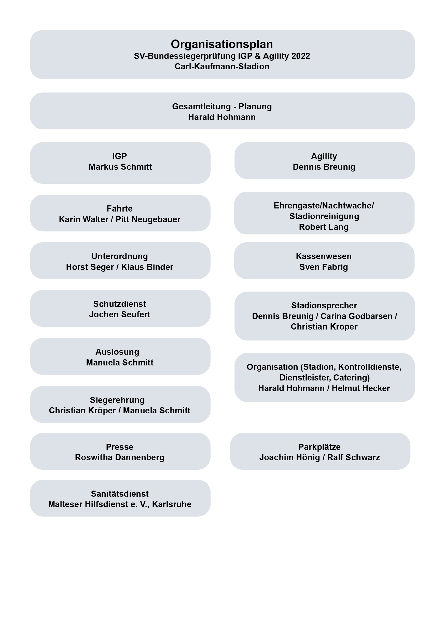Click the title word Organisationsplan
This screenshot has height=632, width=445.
[222, 44]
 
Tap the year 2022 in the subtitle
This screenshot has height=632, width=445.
[301, 56]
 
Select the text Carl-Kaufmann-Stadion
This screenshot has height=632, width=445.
[222, 66]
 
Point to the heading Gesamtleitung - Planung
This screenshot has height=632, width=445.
[222, 107]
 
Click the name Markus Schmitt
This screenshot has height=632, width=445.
[120, 167]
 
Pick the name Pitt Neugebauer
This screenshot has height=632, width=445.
[148, 219]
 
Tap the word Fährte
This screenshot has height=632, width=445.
[120, 209]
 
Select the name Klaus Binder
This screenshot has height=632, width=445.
[147, 267]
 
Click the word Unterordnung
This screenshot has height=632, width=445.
[120, 256]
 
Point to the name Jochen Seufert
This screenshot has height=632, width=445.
[120, 314]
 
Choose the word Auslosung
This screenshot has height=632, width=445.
[117, 352]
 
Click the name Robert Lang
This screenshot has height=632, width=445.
[324, 227]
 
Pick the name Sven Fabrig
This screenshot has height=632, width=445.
[324, 267]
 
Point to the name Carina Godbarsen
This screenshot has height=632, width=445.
[356, 316]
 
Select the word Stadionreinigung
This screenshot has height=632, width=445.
[324, 216]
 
